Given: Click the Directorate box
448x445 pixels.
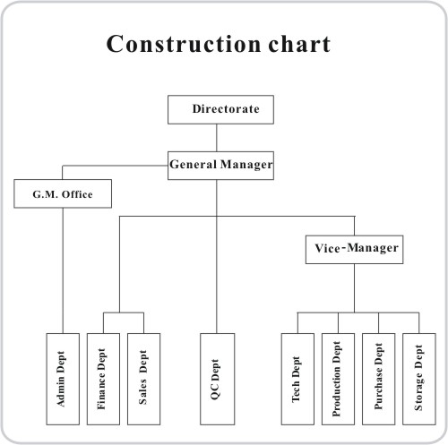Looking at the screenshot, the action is point(220,109).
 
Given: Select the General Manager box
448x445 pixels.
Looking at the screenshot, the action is point(220,166).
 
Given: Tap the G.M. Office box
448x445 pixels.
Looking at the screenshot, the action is point(63,193).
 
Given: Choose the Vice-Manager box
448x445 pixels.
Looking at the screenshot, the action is point(354,250).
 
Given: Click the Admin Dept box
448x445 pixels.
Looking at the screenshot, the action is point(63,379).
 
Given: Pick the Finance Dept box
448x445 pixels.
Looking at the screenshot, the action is point(103,379).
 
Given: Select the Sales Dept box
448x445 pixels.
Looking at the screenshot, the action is point(143,379).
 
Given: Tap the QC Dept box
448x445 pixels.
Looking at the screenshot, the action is point(217,379).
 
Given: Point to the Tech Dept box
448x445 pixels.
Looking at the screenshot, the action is point(297,379).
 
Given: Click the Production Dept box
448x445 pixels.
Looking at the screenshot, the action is point(338,379).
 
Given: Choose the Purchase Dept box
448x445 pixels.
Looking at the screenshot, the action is point(378,379).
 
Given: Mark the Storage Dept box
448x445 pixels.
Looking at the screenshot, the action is point(419,379).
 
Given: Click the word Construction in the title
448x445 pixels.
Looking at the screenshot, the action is point(184,44).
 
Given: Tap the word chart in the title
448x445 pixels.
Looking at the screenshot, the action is point(299,43).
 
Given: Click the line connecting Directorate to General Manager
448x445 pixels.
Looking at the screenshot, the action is point(217,138).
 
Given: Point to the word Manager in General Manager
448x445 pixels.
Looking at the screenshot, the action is point(246,165).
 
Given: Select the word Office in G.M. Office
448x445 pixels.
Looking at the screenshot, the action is point(77,194).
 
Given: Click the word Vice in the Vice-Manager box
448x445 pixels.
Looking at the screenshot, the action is point(327,248).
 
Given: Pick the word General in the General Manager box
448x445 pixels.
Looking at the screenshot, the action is point(194,164).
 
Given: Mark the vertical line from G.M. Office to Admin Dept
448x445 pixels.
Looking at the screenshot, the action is point(63,270).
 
